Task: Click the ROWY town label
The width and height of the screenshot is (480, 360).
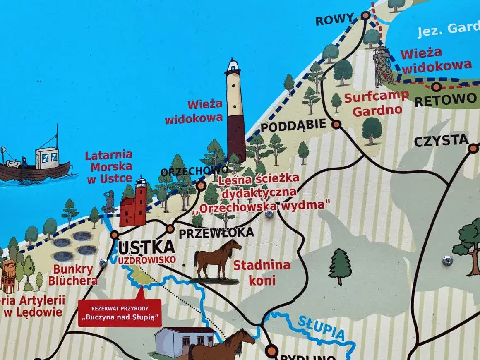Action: click(335, 19)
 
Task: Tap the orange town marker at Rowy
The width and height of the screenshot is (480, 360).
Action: click(365, 16)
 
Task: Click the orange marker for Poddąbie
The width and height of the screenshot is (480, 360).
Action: click(336, 124)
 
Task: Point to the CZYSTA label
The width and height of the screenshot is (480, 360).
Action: click(441, 141)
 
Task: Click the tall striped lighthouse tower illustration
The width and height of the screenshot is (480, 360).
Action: click(235, 112)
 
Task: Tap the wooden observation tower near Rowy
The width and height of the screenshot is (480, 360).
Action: click(383, 66)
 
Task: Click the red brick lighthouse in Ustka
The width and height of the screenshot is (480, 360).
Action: click(134, 204)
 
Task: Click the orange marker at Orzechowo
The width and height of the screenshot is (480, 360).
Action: click(201, 185)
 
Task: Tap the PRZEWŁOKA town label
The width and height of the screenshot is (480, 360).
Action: click(216, 233)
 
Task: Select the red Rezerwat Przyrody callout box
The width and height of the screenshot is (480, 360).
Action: click(120, 313)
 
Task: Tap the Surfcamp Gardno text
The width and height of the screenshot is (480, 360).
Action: click(376, 103)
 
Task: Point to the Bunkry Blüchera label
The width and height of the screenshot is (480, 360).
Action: click(73, 275)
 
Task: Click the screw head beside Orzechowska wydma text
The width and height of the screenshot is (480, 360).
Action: click(269, 214)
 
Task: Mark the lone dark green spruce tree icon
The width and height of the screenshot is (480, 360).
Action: click(340, 266)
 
